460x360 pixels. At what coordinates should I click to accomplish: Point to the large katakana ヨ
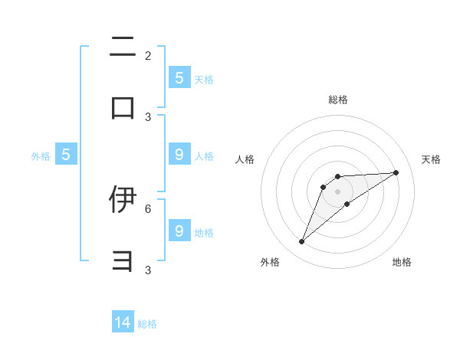pyautogui.click(x=123, y=262)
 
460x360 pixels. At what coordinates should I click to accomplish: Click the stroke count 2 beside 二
pyautogui.click(x=148, y=56)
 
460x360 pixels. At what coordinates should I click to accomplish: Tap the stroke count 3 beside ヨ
pyautogui.click(x=148, y=270)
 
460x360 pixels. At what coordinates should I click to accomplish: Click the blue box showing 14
pyautogui.click(x=123, y=322)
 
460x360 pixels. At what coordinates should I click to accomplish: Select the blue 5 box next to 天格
pyautogui.click(x=179, y=77)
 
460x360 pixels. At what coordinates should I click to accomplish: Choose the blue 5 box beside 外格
pyautogui.click(x=66, y=155)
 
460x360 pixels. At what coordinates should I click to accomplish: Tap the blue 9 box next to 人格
pyautogui.click(x=179, y=155)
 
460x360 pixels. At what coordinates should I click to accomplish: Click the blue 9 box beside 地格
pyautogui.click(x=179, y=231)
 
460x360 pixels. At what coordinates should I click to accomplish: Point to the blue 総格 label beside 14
pyautogui.click(x=147, y=324)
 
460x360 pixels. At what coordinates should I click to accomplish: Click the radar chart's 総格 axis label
pyautogui.click(x=337, y=100)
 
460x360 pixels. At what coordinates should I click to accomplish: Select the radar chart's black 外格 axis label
pyautogui.click(x=270, y=262)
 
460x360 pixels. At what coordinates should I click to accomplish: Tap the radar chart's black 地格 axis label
pyautogui.click(x=402, y=262)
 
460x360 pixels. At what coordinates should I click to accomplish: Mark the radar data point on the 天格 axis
pyautogui.click(x=396, y=172)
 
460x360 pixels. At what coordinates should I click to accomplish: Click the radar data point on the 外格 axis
pyautogui.click(x=302, y=242)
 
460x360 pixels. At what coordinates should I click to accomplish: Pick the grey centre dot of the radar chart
pyautogui.click(x=337, y=191)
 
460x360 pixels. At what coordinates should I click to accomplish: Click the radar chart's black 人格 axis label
pyautogui.click(x=245, y=159)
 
